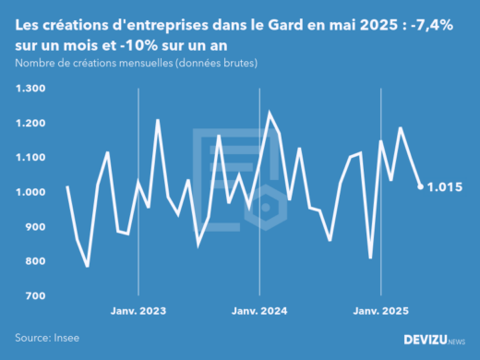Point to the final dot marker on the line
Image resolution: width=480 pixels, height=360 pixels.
coord(421,186)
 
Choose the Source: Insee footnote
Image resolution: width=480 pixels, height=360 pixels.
coord(45,338)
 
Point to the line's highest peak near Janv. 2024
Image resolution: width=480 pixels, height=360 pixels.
coord(270,114)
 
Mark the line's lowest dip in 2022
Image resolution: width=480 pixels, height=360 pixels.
coord(87,266)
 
